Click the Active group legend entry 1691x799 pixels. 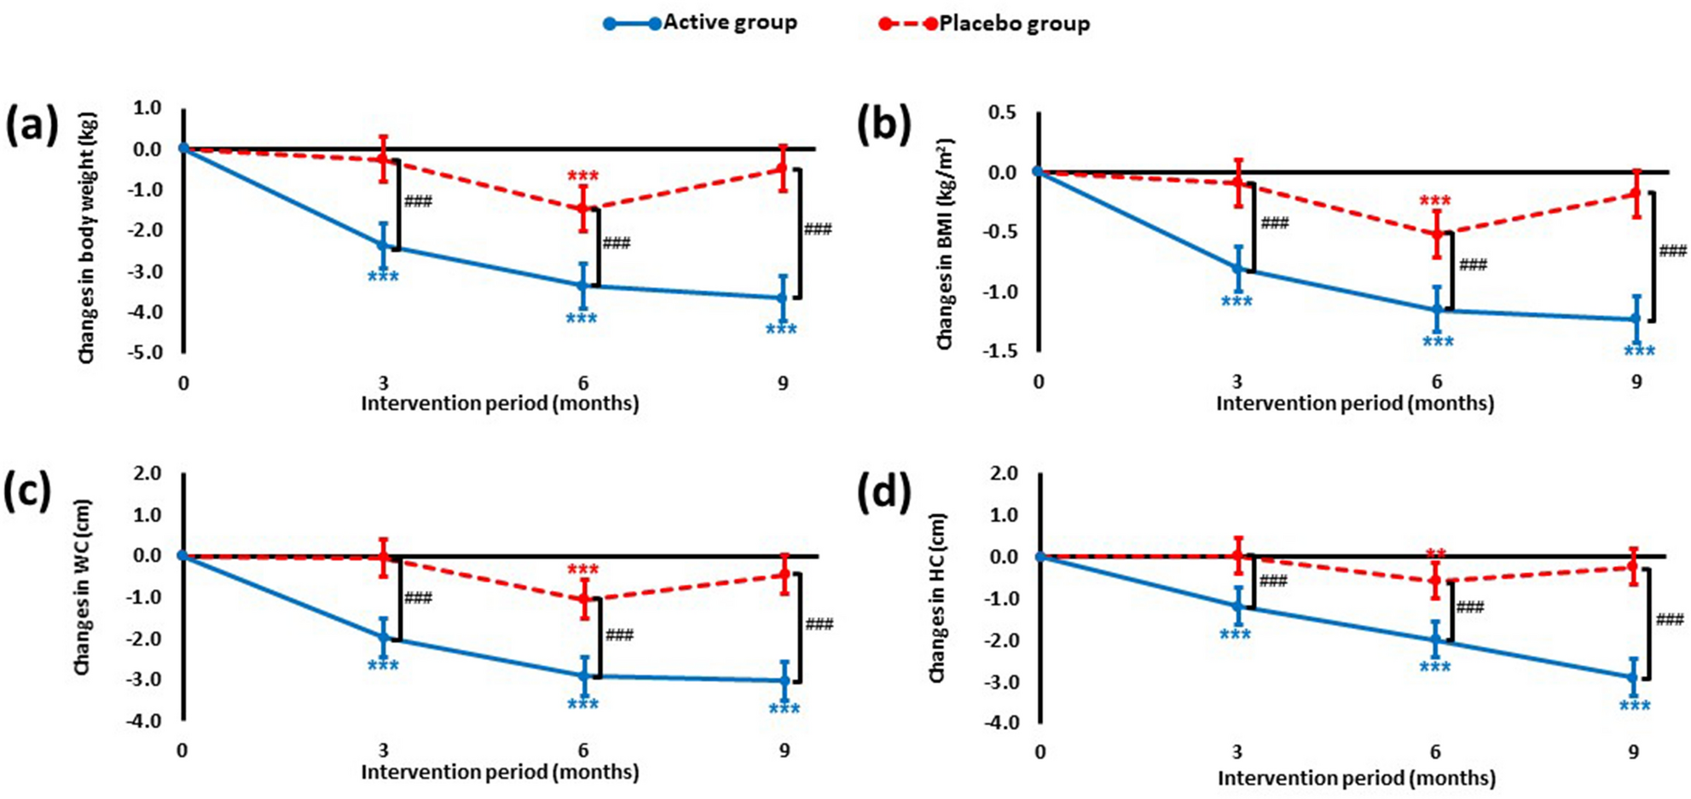pyautogui.click(x=701, y=23)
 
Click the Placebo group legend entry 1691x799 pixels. pyautogui.click(x=985, y=24)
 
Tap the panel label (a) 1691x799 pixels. pyautogui.click(x=32, y=126)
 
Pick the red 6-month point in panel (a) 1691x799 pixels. pyautogui.click(x=583, y=208)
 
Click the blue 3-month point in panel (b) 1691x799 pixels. pyautogui.click(x=1237, y=268)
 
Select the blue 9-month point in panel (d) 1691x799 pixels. pyautogui.click(x=1634, y=678)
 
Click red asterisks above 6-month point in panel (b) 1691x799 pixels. pyautogui.click(x=1435, y=202)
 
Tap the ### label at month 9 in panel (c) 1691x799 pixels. pyautogui.click(x=819, y=625)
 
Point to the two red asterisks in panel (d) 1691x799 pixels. pyautogui.click(x=1435, y=554)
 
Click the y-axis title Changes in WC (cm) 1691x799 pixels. pyautogui.click(x=83, y=588)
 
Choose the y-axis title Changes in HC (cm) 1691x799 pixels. pyautogui.click(x=937, y=597)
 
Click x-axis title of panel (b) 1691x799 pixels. pyautogui.click(x=1354, y=403)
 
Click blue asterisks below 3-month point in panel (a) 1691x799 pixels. pyautogui.click(x=383, y=277)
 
